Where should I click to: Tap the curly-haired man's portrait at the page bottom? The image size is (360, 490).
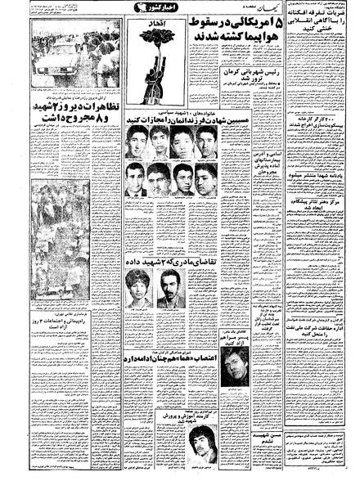pyautogui.click(x=198, y=446)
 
